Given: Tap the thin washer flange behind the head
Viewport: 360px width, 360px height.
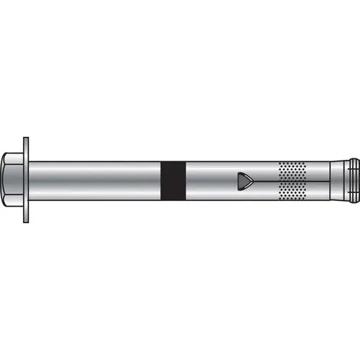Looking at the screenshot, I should [27, 177].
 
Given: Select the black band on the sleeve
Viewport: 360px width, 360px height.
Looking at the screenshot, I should [173, 177].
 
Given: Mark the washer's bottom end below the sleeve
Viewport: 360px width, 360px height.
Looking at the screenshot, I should [27, 215].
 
